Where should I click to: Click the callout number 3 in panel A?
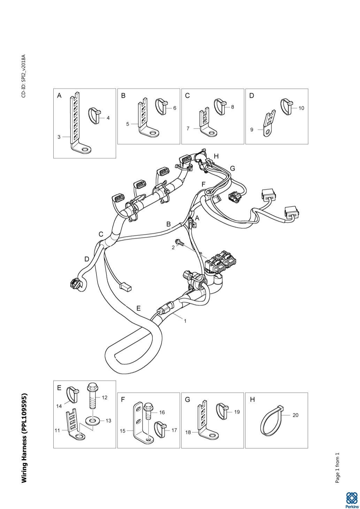(x=59, y=137)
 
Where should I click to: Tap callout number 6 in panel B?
(x=174, y=108)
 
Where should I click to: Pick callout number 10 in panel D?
(x=301, y=108)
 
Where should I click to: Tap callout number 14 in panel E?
(x=59, y=406)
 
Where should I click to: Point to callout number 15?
(x=123, y=431)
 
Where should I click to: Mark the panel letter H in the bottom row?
(x=253, y=400)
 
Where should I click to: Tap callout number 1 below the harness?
(x=185, y=321)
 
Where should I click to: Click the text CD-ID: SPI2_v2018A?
(x=24, y=76)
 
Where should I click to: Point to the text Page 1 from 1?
(x=337, y=468)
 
